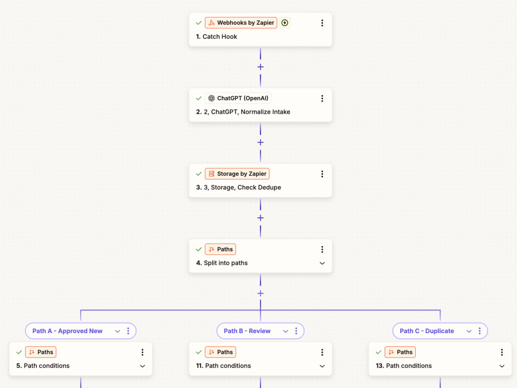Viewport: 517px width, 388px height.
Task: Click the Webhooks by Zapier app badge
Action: pos(241,23)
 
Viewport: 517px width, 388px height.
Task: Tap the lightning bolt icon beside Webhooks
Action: pos(284,23)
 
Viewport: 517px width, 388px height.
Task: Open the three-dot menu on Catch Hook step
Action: pos(322,23)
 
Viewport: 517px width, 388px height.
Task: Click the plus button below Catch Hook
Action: pos(261,67)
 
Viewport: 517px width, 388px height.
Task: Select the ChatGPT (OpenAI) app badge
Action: pos(238,98)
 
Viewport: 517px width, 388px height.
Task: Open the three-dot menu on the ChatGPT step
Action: pos(322,98)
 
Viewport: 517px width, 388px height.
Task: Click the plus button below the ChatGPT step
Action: pos(261,143)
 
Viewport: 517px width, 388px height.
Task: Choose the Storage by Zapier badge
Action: pos(237,174)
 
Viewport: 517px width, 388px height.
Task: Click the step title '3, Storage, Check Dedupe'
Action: pos(242,187)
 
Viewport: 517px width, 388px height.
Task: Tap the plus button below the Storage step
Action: pos(261,218)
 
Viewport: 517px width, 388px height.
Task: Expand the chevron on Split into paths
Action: pos(322,263)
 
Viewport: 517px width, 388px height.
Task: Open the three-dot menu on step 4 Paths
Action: pos(322,249)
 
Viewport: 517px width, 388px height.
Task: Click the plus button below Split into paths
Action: pos(261,293)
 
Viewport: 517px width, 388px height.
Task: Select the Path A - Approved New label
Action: pos(67,331)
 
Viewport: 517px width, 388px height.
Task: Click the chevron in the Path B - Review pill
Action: pos(285,331)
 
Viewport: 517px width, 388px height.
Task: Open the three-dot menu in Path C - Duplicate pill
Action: pos(480,331)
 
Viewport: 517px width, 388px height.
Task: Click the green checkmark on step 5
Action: pos(19,352)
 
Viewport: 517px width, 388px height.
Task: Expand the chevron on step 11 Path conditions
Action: pos(322,366)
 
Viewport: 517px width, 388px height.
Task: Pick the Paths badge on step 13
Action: pos(400,352)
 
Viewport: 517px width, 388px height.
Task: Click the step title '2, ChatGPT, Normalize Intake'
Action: pos(247,112)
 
